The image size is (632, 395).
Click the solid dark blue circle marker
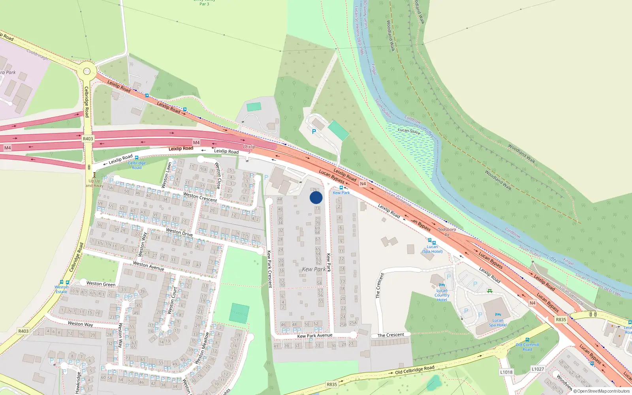tap(316, 197)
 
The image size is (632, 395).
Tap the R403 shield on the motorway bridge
tap(88, 139)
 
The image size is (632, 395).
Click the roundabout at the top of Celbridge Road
tap(87, 72)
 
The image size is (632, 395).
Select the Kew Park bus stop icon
tap(341, 188)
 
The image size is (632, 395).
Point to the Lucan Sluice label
tap(409, 131)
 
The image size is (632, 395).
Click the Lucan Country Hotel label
tap(442, 295)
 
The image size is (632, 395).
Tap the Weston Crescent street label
tap(200, 197)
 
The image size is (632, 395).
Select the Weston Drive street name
tap(179, 232)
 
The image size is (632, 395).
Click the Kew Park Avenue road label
tap(314, 336)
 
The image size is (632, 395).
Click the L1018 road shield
tap(506, 372)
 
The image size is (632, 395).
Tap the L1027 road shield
tap(538, 369)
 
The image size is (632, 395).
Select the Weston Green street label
tap(101, 284)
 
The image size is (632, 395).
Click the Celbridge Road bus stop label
tap(137, 165)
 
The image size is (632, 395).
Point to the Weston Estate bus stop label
tap(61, 290)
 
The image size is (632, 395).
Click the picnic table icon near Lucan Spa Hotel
tap(490, 291)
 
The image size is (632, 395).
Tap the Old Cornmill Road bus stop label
tap(527, 347)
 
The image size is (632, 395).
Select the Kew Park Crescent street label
tap(269, 269)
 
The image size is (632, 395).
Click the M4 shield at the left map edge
tap(7, 148)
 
